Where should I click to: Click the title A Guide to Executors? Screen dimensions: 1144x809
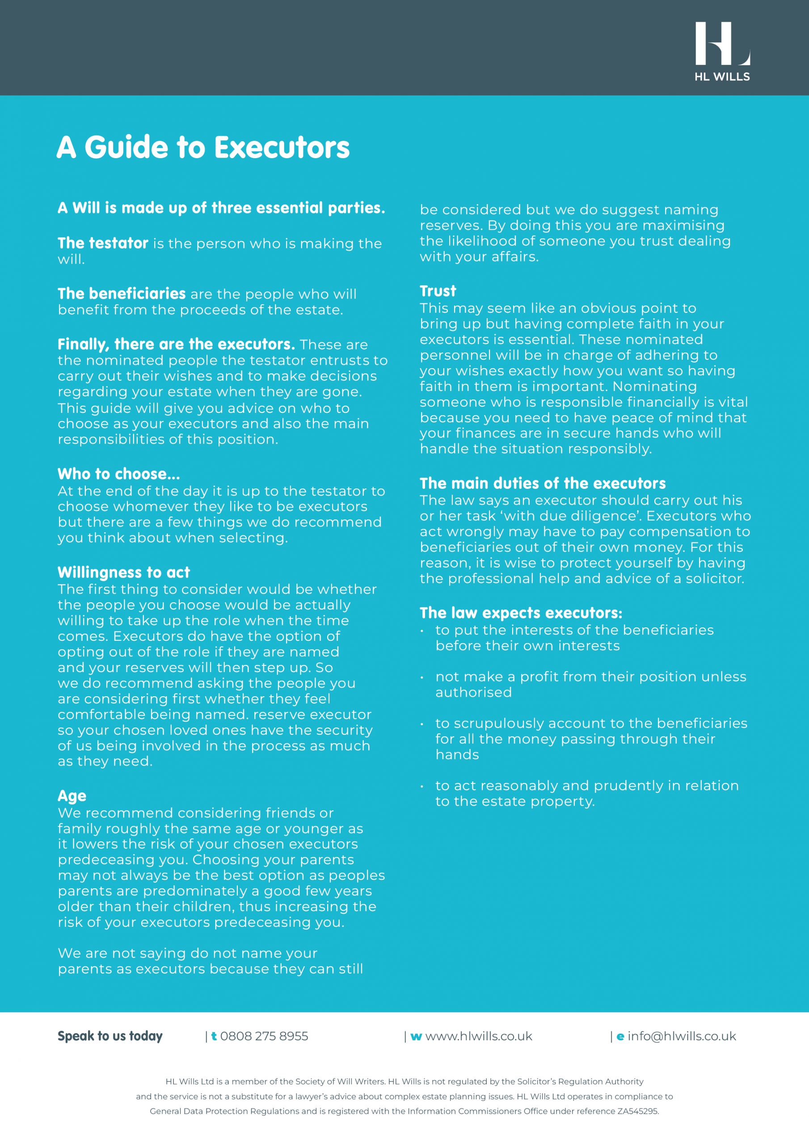click(x=203, y=147)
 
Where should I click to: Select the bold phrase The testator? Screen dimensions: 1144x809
click(x=103, y=243)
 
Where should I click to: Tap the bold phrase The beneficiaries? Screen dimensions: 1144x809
click(x=122, y=294)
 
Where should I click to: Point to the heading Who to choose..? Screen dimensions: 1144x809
click(x=118, y=474)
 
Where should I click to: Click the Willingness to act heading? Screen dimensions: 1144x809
click(x=124, y=572)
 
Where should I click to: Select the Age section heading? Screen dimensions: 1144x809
click(x=72, y=796)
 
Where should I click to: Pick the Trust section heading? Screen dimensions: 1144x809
click(x=438, y=291)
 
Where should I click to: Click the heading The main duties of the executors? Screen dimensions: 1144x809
click(x=542, y=484)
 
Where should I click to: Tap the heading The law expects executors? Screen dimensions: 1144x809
click(x=521, y=613)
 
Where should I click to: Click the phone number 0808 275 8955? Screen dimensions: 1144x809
click(x=264, y=1036)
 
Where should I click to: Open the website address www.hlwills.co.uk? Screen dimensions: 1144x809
click(x=479, y=1036)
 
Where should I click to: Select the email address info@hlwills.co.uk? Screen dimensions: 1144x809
click(x=682, y=1036)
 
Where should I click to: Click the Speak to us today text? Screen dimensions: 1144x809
click(x=110, y=1036)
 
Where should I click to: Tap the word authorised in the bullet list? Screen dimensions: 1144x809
click(x=473, y=693)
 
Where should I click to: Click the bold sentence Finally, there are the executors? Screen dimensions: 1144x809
click(x=176, y=344)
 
